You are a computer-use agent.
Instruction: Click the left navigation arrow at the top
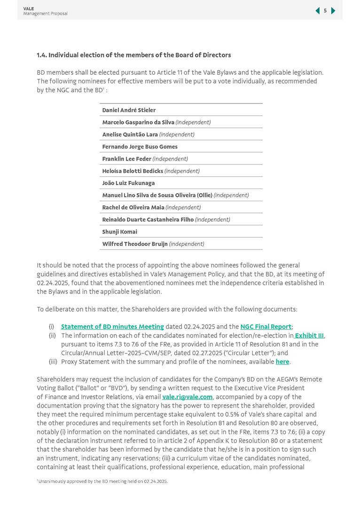click(x=317, y=11)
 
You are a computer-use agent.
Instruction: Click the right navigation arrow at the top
click(x=333, y=11)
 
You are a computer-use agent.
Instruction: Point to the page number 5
click(x=325, y=11)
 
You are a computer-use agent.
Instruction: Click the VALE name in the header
click(x=29, y=8)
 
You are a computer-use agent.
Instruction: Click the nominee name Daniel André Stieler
click(x=129, y=110)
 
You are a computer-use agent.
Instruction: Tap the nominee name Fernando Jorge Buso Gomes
click(x=140, y=147)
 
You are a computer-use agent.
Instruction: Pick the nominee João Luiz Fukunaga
click(x=128, y=183)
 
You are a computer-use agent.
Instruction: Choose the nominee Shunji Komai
click(x=119, y=232)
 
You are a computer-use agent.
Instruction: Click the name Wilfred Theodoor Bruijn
click(x=135, y=244)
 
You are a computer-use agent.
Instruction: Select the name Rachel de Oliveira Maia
click(x=133, y=207)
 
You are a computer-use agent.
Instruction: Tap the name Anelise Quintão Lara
click(x=130, y=134)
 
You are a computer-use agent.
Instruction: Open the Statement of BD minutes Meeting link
click(x=112, y=327)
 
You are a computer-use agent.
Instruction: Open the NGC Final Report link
click(x=266, y=327)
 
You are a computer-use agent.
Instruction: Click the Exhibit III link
click(x=309, y=336)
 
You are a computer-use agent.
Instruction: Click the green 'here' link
click(x=282, y=362)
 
